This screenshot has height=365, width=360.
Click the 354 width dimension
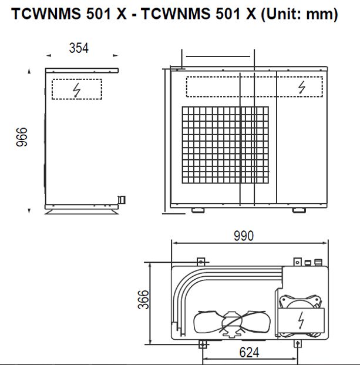[x=79, y=49]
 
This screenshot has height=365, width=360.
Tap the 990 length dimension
[x=243, y=236]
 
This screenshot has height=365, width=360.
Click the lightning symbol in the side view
[x=76, y=90]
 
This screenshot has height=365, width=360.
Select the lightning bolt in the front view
[x=302, y=87]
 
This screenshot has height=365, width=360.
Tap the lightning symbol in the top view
[x=301, y=321]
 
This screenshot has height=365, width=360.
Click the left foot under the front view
[x=196, y=210]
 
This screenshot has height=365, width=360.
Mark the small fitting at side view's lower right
[x=122, y=200]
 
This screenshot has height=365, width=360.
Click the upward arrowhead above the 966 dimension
[x=29, y=72]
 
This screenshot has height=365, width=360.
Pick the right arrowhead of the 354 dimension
[x=116, y=56]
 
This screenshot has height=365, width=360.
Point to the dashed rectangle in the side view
[x=76, y=89]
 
